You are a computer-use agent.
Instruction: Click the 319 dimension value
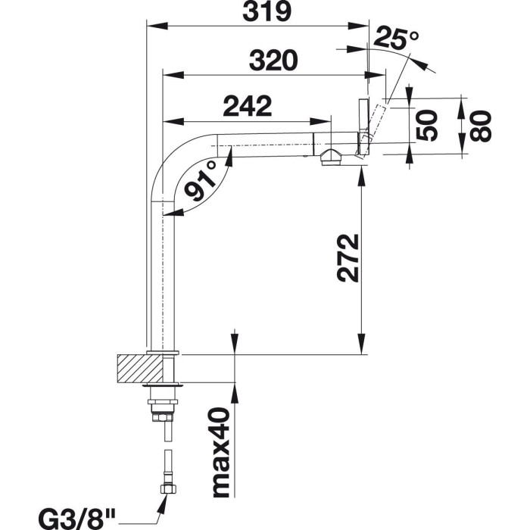pyautogui.click(x=267, y=13)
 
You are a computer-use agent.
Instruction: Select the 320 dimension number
pyautogui.click(x=273, y=61)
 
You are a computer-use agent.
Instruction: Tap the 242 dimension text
pyautogui.click(x=247, y=107)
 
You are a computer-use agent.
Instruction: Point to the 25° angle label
pyautogui.click(x=396, y=38)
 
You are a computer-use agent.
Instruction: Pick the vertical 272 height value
pyautogui.click(x=348, y=258)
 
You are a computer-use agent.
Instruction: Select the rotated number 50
pyautogui.click(x=426, y=125)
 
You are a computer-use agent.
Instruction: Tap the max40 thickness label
pyautogui.click(x=221, y=453)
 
